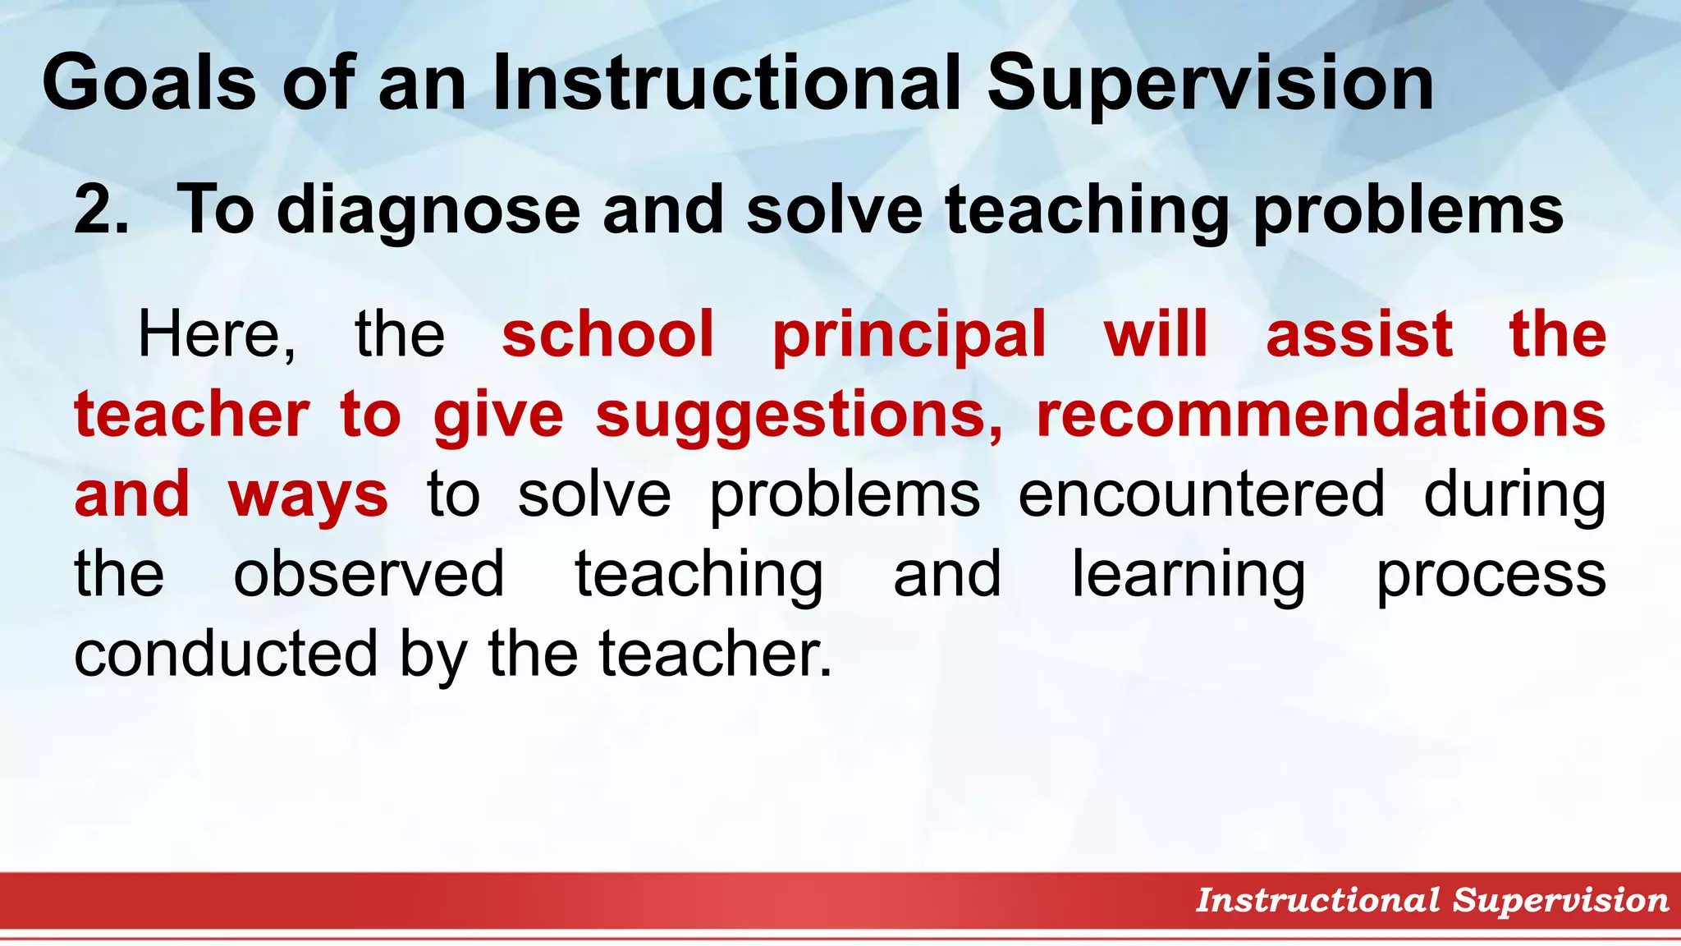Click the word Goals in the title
click(149, 82)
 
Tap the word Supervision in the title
click(1210, 82)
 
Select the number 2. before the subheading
click(101, 210)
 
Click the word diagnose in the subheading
click(428, 210)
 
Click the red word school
click(607, 334)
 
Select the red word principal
click(909, 334)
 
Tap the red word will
click(1156, 334)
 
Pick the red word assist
click(1359, 334)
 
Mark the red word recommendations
click(1321, 415)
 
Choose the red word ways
click(308, 495)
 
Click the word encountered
click(1202, 495)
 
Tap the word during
click(1514, 495)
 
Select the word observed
click(369, 574)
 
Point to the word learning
click(1189, 574)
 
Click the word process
click(1491, 574)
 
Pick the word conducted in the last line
click(226, 654)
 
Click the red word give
click(498, 415)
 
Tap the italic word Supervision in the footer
click(1560, 900)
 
